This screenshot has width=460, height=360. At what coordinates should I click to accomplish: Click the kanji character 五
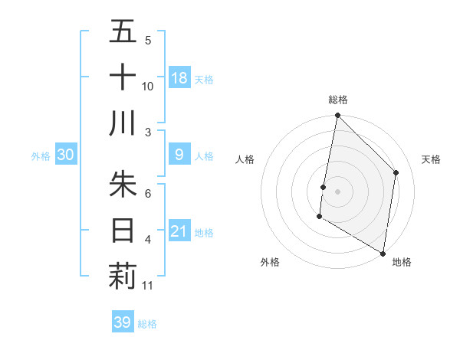(x=123, y=32)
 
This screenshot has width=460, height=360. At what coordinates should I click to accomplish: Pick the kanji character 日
(x=123, y=231)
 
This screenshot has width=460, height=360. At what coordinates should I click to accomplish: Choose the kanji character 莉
(x=123, y=277)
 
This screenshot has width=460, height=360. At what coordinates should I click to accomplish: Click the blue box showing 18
(x=179, y=78)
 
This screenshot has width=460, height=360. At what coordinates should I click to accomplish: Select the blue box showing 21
(x=179, y=232)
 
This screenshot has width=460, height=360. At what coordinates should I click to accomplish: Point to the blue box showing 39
(x=123, y=322)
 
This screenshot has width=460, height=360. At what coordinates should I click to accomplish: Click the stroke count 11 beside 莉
(x=148, y=286)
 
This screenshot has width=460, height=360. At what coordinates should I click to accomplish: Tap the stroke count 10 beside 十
(x=148, y=86)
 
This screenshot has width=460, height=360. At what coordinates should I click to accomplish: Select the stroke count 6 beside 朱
(x=148, y=194)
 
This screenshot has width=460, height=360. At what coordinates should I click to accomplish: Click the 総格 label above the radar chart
(x=337, y=100)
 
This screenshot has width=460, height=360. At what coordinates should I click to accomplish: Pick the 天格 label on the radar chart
(x=431, y=159)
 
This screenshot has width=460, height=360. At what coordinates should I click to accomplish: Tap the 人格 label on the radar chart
(x=245, y=159)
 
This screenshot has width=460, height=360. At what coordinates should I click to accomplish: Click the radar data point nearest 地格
(x=383, y=253)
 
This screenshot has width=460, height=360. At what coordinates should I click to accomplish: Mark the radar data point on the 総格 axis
(x=337, y=116)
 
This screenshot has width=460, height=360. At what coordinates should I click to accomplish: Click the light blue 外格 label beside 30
(x=41, y=156)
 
